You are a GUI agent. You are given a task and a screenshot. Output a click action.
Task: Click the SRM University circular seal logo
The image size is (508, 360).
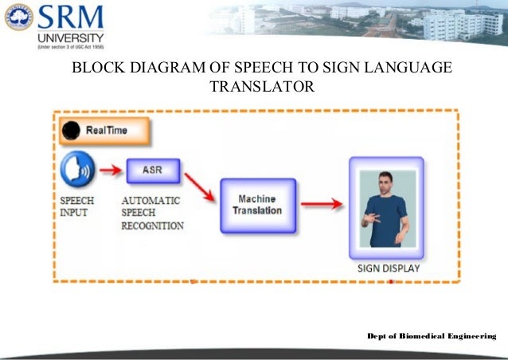[18, 17]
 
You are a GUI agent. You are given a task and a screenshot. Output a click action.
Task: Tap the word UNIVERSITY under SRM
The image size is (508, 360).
[69, 38]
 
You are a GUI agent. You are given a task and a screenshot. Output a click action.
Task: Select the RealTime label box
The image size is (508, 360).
[103, 130]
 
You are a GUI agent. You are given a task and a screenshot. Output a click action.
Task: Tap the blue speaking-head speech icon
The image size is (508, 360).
[78, 170]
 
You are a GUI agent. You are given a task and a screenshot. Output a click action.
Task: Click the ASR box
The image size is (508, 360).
[151, 170]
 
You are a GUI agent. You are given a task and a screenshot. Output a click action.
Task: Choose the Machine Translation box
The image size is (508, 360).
[257, 204]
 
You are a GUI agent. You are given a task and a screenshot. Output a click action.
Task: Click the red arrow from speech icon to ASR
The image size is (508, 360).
[111, 169]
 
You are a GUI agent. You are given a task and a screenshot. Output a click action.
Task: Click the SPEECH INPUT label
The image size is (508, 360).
[77, 206]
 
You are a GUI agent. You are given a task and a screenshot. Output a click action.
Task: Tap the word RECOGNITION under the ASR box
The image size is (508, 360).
[152, 225]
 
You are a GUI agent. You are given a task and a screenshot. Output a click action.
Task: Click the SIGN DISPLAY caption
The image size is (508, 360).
[388, 268]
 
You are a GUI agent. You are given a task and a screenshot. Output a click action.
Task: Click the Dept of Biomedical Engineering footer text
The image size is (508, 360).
[431, 338]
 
